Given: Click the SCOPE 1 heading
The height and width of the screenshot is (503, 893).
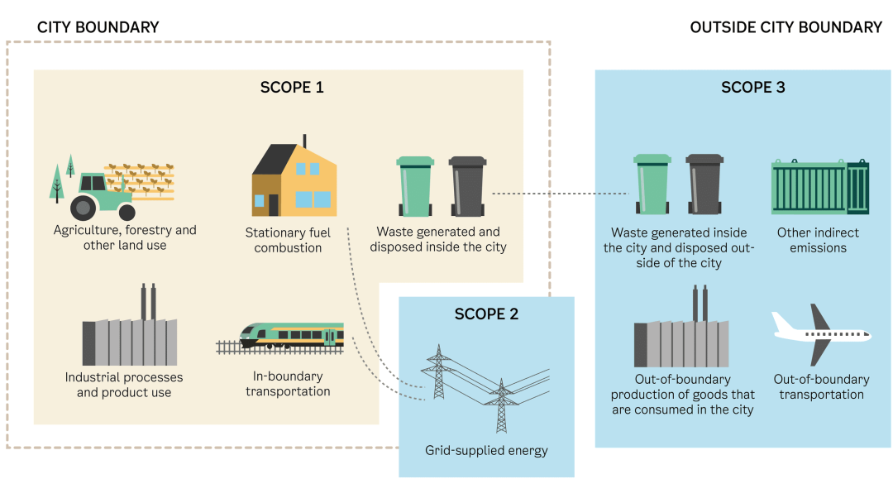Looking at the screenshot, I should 292,87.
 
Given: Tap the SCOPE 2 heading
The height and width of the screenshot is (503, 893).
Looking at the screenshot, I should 486,314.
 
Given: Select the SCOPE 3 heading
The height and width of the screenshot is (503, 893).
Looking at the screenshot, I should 753,87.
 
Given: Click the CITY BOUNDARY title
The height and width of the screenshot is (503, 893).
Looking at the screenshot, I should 98,27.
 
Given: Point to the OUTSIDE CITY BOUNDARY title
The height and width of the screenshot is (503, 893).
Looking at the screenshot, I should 786,27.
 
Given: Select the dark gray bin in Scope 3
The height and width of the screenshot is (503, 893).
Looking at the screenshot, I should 704,184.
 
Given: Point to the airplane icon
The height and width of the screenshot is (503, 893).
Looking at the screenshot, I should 819,334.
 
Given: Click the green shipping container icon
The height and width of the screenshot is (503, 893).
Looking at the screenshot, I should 819,188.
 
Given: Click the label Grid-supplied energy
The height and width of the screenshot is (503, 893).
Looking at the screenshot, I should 486,451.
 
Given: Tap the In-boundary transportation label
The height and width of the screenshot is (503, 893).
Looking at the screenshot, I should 288,384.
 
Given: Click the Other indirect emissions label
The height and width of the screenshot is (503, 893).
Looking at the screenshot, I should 818,240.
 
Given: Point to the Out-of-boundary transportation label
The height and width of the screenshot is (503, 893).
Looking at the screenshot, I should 821,387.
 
